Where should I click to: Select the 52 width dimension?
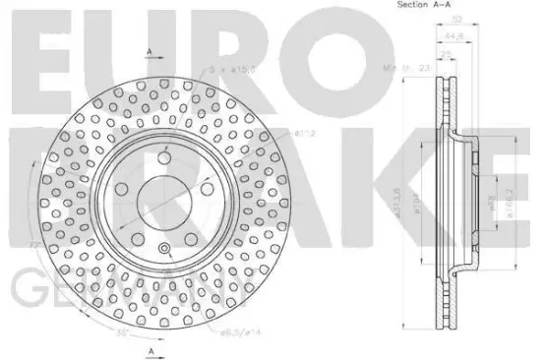click(x=451, y=17)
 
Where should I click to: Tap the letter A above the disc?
click(x=150, y=51)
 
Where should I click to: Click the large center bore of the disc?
click(x=161, y=194)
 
